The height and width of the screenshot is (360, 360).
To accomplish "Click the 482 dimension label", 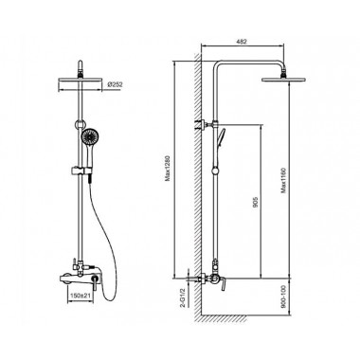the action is coord(242,42).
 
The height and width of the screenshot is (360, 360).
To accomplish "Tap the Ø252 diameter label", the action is coord(115,84).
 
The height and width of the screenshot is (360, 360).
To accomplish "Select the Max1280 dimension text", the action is coord(168,168).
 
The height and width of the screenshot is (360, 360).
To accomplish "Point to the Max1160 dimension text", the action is coord(284,179).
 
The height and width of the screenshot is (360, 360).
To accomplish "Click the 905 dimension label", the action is coord(256,202).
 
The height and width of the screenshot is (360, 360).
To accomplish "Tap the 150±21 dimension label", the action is coord(81,296).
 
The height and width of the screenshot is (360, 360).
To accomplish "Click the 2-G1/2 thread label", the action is coord(182,297).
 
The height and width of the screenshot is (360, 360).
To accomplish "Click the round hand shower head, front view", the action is coord(88,137).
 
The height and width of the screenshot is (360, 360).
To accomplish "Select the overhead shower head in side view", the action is coord(284,79).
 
